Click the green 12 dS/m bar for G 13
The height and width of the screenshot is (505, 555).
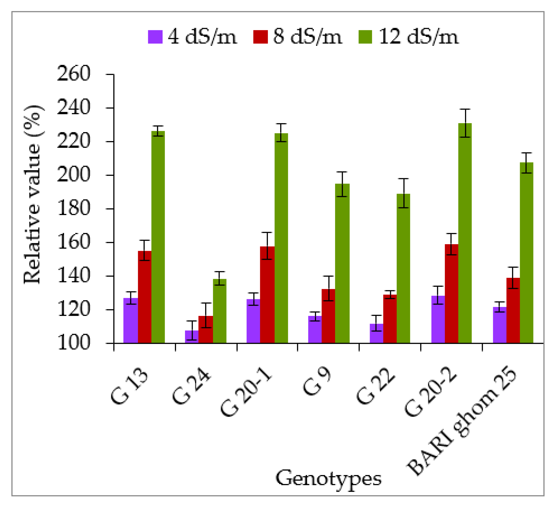pos(158,237)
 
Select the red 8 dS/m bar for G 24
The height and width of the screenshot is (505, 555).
pos(205,329)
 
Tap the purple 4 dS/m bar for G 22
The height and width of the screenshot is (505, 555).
pos(376,333)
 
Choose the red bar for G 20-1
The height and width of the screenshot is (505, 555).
pos(267,295)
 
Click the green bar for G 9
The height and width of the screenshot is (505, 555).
pos(342,263)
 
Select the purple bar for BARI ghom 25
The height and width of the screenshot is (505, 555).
pos(499,325)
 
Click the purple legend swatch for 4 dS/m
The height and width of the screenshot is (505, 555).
pos(155,37)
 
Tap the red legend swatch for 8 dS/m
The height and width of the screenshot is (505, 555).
pos(260,37)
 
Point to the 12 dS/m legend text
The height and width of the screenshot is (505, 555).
pos(418,37)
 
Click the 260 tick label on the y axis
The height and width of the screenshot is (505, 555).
pos(74,74)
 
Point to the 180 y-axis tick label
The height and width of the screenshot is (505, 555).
pos(74,209)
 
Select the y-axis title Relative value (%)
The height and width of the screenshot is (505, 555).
pos(33,194)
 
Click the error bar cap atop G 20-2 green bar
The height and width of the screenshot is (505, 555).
pos(465,109)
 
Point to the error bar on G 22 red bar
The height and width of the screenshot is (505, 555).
pos(390,294)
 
